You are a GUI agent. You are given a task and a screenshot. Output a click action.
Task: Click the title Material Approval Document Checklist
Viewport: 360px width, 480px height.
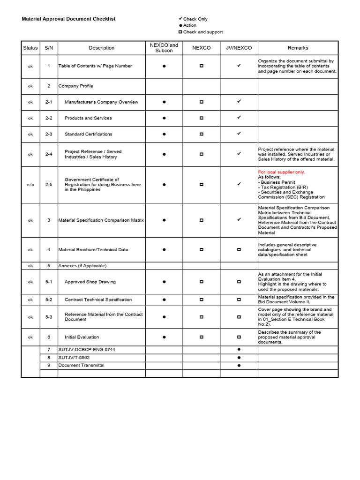coord(68,19)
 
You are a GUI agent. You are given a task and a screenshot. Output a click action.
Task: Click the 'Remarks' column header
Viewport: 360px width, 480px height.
coord(298,48)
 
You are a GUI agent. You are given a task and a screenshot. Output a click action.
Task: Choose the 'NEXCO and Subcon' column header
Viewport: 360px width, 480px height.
coord(164,48)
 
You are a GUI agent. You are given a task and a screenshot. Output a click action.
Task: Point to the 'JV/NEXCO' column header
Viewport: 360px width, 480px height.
coord(239,48)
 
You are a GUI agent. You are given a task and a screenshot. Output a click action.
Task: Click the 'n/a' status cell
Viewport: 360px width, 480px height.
coord(30,185)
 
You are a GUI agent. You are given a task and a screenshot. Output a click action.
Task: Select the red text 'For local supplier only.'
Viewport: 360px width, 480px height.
coord(281,172)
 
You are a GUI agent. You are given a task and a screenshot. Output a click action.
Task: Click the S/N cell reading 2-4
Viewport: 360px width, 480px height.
coord(49,154)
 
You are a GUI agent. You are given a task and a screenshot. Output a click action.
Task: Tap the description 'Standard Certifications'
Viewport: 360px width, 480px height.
coord(88,134)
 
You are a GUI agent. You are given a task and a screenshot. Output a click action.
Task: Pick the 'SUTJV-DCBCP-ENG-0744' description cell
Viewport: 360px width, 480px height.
coord(86,350)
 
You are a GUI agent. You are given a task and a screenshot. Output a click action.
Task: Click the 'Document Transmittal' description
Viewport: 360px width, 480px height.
coord(81,365)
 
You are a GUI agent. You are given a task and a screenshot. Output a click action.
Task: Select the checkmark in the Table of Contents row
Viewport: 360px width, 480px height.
coord(239,66)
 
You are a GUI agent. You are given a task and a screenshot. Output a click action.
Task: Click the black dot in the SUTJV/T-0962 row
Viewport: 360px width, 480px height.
coord(239,357)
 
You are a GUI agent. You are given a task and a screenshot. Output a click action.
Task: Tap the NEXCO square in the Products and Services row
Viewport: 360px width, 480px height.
coord(202,118)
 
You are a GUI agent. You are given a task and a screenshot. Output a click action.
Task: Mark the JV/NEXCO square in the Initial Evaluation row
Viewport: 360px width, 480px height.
coord(239,337)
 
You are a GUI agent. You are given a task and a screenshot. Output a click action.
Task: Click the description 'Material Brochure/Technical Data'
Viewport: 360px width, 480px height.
coord(93,250)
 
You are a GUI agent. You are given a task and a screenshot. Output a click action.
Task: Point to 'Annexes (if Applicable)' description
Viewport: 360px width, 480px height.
coord(82,266)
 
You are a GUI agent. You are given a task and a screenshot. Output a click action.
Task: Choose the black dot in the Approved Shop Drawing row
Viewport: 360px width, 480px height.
coord(164,282)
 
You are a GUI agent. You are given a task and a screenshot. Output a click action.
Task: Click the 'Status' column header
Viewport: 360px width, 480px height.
coord(30,48)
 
